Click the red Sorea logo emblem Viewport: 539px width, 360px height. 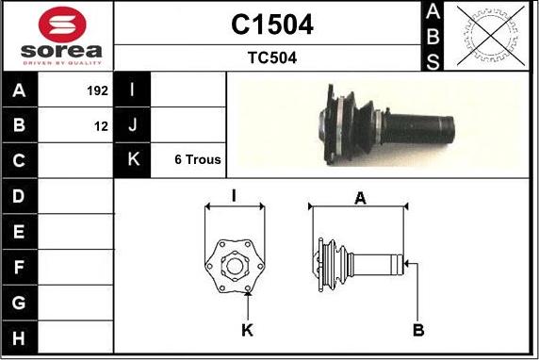(62, 25)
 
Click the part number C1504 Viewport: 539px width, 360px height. (272, 25)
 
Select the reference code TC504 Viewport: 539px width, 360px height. (272, 57)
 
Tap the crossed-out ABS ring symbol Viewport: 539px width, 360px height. (491, 36)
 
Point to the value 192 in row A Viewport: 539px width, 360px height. (98, 90)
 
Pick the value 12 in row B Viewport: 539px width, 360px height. (102, 126)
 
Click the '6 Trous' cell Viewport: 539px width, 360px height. (198, 159)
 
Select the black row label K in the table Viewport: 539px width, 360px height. (132, 160)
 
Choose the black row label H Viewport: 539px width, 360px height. (20, 337)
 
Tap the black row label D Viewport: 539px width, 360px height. (20, 196)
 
